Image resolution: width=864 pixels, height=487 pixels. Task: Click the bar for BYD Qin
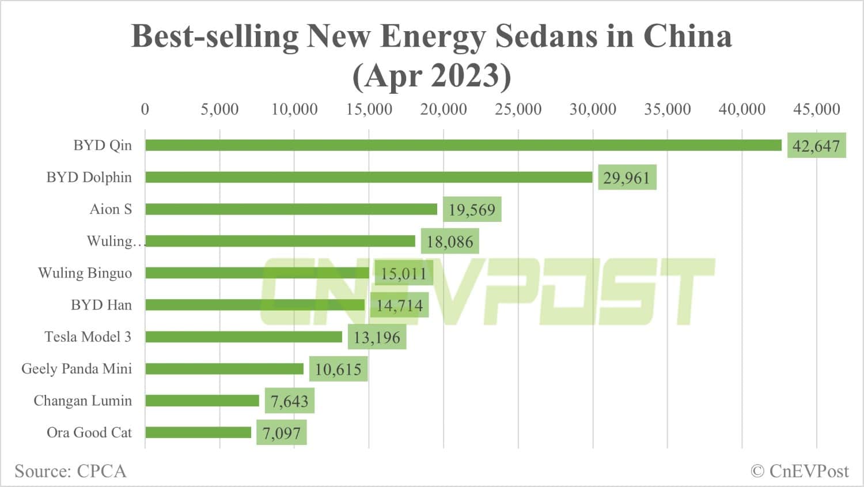pos(463,145)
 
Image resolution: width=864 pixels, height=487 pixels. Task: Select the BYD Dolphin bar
pos(369,177)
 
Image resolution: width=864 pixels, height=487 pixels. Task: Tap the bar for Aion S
pos(291,209)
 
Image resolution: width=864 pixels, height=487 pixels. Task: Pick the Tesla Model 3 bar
pos(244,337)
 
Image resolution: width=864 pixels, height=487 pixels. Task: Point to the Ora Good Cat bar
pos(198,432)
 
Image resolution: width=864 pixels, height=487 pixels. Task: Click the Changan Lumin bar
pos(202,401)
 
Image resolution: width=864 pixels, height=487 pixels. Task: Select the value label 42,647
pos(816,146)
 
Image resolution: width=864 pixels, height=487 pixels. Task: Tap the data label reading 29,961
pos(627,178)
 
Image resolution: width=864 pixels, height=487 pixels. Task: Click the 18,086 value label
pos(450,241)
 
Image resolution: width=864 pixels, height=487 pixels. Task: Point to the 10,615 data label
pos(338,369)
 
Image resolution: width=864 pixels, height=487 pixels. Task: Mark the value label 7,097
pos(282,433)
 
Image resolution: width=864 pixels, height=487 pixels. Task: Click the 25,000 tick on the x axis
pos(518,109)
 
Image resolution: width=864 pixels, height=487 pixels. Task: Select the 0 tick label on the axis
pos(145,109)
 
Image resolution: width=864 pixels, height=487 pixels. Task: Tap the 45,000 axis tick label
pos(816,109)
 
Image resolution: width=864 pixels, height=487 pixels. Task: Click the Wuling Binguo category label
pos(85,273)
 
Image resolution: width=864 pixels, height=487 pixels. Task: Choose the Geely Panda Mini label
pos(77,368)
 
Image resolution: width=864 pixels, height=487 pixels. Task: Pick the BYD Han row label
pos(101,305)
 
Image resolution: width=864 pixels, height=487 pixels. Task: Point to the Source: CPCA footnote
pos(70,471)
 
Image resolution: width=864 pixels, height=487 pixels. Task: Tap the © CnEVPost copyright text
pos(799,471)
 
